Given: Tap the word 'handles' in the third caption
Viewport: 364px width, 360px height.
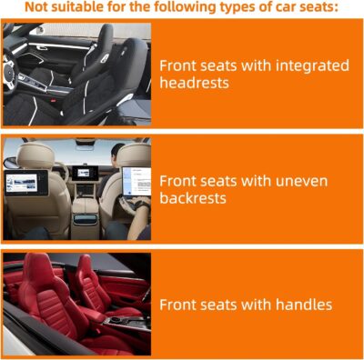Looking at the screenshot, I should (302, 305).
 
